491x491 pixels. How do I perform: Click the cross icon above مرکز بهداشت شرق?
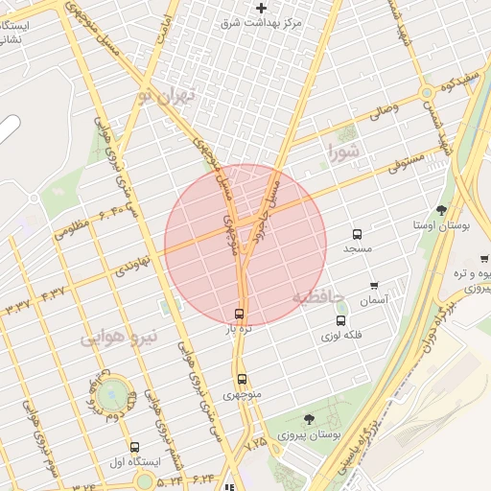click(261, 8)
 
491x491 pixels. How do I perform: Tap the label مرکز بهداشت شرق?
click(261, 22)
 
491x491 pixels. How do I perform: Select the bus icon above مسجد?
click(358, 233)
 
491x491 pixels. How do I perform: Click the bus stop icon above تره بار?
click(239, 314)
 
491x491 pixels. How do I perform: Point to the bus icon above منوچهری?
click(242, 379)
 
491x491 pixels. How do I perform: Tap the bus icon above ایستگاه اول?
click(134, 447)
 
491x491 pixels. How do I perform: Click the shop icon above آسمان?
click(374, 286)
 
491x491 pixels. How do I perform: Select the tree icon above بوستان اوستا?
click(441, 210)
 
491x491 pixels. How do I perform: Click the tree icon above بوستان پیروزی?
click(309, 419)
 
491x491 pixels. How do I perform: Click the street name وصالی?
click(384, 112)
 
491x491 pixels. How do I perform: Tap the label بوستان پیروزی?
click(310, 434)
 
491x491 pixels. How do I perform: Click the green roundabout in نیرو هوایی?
click(114, 391)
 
